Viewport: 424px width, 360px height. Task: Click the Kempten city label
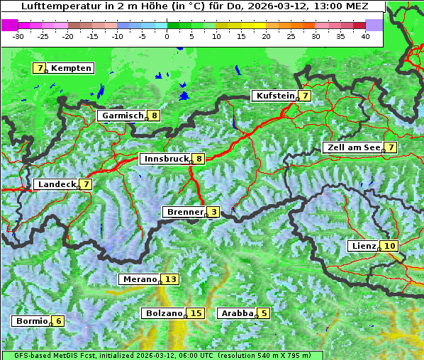click(x=72, y=68)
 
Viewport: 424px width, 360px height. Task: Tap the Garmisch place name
click(x=121, y=116)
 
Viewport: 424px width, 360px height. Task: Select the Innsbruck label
click(x=164, y=159)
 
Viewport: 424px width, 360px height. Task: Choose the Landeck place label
click(x=56, y=184)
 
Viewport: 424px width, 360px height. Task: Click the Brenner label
click(x=184, y=212)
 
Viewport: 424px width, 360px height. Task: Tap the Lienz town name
click(x=363, y=246)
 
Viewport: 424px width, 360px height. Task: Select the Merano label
click(x=138, y=279)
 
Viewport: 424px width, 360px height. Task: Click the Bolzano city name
click(x=163, y=313)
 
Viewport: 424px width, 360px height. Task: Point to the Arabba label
click(x=237, y=313)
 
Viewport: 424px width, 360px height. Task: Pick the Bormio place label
click(x=32, y=321)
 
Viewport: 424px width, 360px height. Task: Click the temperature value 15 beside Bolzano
click(x=196, y=313)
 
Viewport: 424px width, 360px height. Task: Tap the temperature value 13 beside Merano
click(x=171, y=279)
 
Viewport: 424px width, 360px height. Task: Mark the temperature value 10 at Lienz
click(x=391, y=246)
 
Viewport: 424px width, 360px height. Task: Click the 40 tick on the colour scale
click(x=364, y=35)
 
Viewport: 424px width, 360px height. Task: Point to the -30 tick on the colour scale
click(x=19, y=35)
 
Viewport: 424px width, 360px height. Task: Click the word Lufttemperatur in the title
click(x=52, y=6)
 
